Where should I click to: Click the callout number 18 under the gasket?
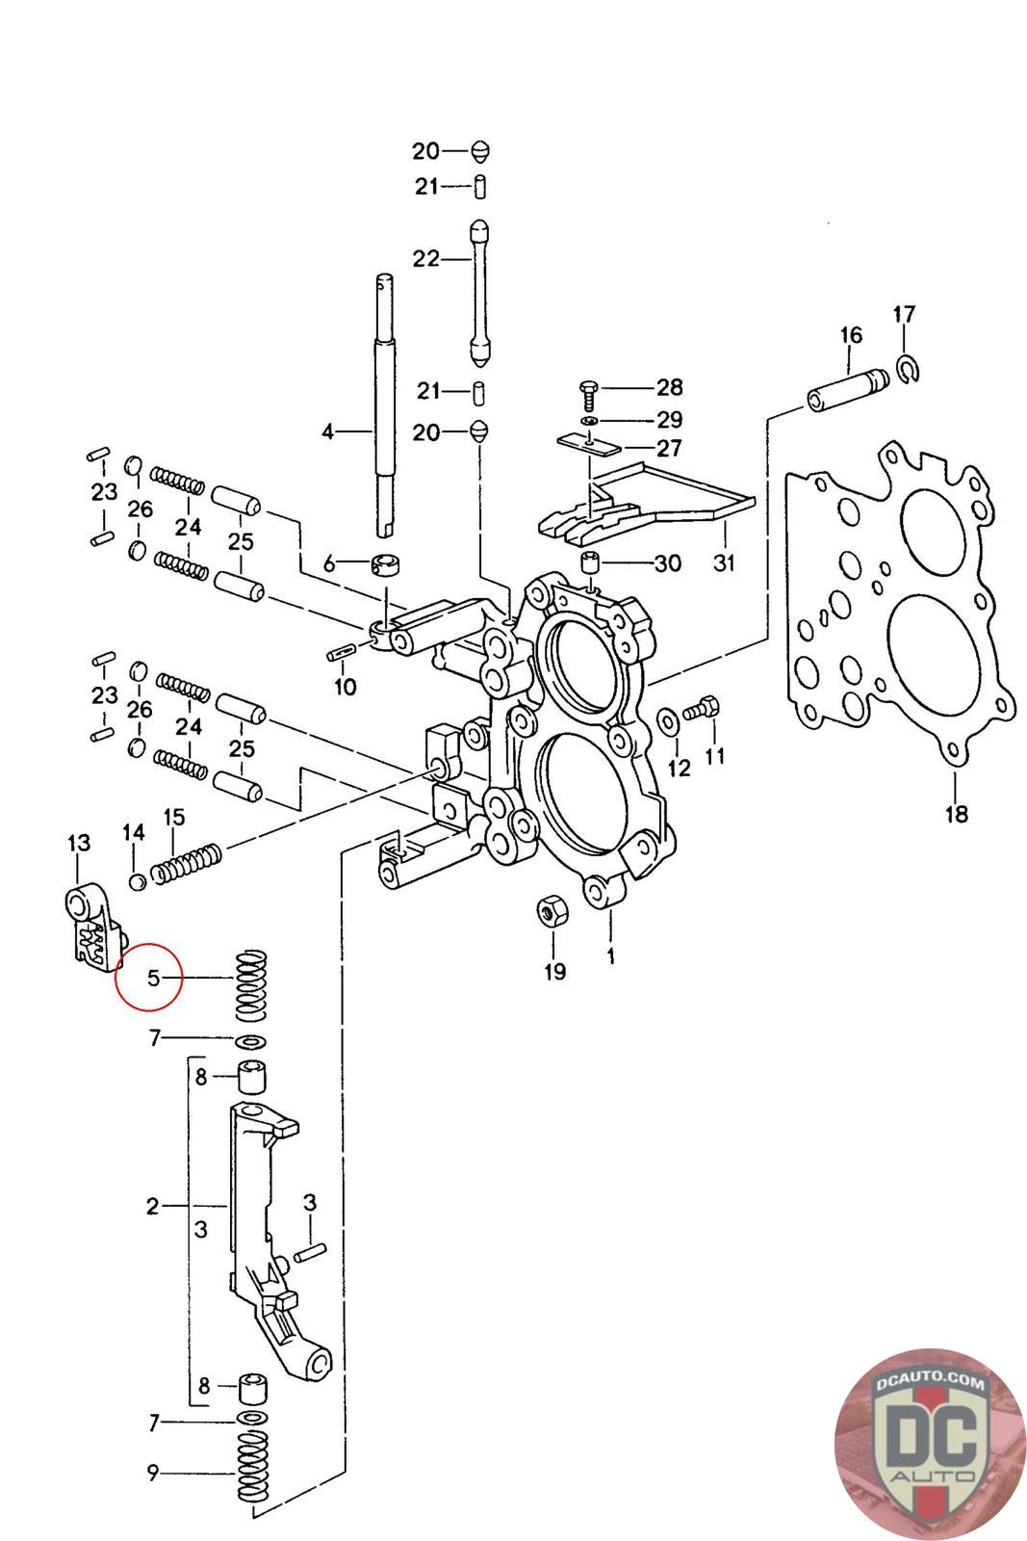tap(955, 814)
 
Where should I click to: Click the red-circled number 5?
tap(152, 979)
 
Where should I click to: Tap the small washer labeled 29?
tap(588, 421)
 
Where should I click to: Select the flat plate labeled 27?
tap(589, 444)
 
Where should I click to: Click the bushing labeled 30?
tap(589, 563)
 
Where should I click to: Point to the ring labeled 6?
tap(388, 564)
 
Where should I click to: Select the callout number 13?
tap(78, 844)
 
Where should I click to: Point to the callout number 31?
tap(723, 562)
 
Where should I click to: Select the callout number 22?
tap(424, 258)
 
